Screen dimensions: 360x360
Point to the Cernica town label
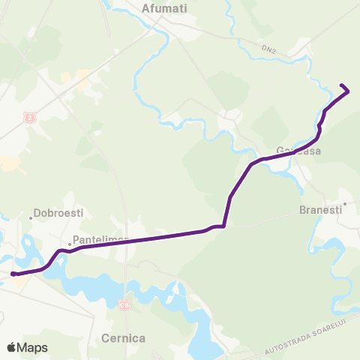click(124, 337)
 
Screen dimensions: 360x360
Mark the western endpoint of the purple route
click(13, 274)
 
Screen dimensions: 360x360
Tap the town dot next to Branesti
click(345, 202)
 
